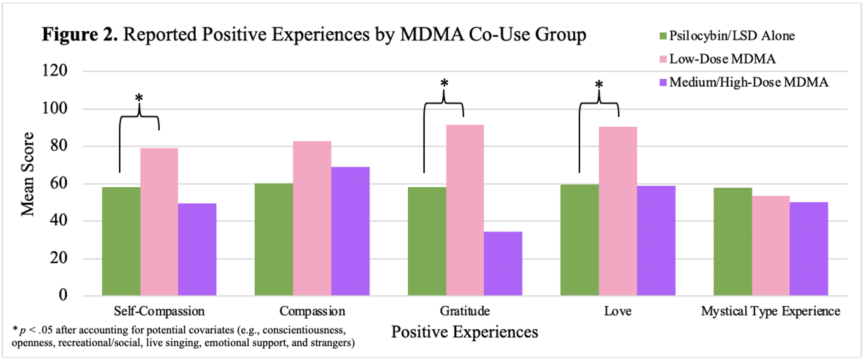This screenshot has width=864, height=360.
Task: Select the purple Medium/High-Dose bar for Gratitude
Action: click(x=503, y=264)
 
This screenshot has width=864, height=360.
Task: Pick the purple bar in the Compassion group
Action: click(x=350, y=231)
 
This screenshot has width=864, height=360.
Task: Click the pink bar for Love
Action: click(x=618, y=211)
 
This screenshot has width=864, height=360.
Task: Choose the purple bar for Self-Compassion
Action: click(x=197, y=249)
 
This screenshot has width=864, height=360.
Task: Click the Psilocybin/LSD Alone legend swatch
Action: click(x=663, y=36)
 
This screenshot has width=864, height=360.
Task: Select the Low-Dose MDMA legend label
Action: click(x=722, y=59)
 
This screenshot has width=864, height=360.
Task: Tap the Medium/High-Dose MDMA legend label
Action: click(x=749, y=82)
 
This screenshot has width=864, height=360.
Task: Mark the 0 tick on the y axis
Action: click(x=63, y=295)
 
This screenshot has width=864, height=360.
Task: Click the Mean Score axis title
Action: click(x=28, y=174)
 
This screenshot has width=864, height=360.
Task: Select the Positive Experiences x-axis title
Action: click(x=464, y=332)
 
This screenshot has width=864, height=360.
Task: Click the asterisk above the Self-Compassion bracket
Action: click(x=139, y=98)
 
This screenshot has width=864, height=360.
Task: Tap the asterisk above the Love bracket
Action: click(x=599, y=84)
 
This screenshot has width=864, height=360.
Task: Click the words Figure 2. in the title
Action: click(x=80, y=34)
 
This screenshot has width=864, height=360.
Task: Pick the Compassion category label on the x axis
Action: click(x=312, y=311)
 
